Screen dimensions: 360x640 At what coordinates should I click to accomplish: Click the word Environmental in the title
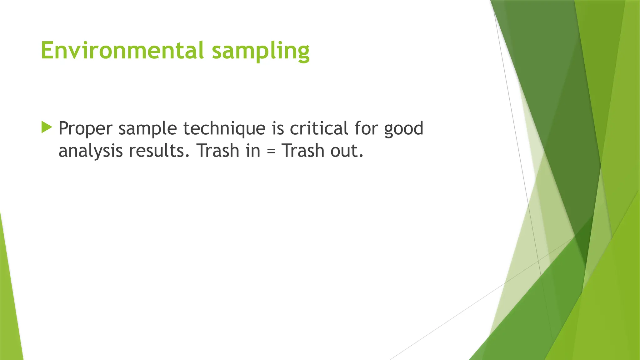[x=122, y=50]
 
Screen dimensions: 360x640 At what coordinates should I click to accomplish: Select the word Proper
[x=85, y=129]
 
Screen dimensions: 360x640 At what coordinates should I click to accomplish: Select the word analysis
[x=90, y=151]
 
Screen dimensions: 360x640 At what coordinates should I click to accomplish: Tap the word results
[x=157, y=151]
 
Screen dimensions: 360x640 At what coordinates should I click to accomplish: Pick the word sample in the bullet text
[x=147, y=129]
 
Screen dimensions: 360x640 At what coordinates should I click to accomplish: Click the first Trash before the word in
[x=218, y=151]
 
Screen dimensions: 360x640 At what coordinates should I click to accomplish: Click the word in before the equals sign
[x=253, y=151]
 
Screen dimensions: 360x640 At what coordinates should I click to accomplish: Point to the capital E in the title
[x=47, y=50]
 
